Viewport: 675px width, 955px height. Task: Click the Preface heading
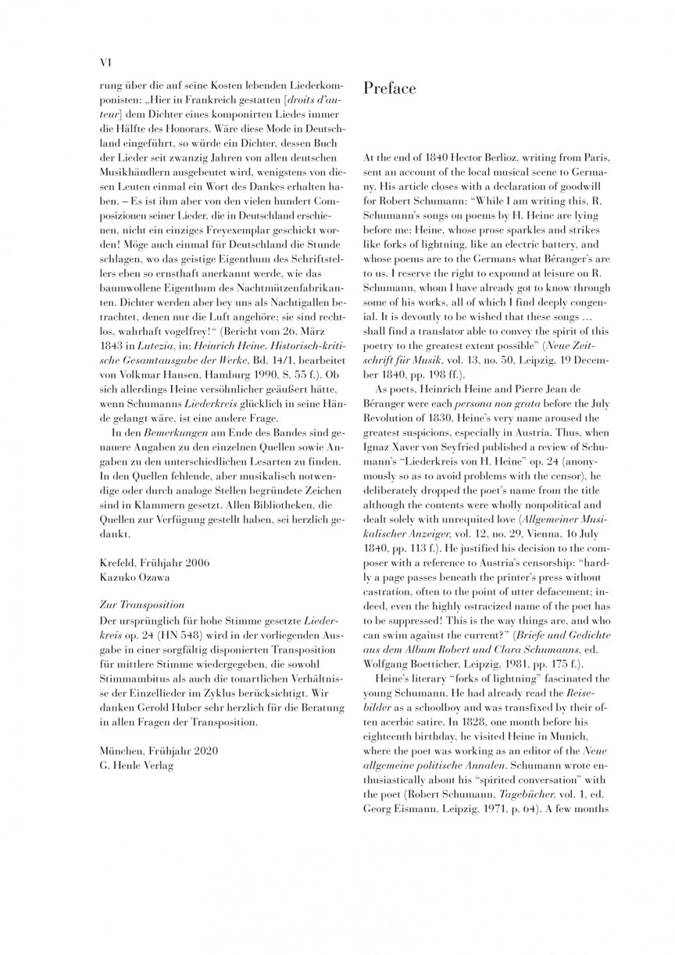(x=390, y=89)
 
